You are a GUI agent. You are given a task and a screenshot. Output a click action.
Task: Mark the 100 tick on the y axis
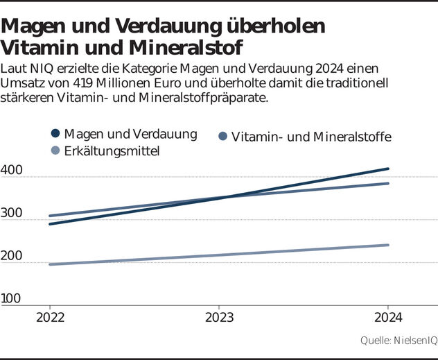point(11,299)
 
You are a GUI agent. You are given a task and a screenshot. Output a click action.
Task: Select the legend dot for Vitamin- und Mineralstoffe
point(223,137)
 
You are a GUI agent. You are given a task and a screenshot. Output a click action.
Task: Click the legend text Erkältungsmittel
point(112,151)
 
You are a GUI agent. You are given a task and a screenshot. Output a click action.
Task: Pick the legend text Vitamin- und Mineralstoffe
point(311,137)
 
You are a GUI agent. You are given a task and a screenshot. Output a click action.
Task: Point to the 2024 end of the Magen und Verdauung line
point(387,169)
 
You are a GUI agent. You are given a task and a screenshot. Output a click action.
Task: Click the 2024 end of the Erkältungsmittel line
point(387,245)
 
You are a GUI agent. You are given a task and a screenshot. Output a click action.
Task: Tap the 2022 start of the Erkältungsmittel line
point(50,264)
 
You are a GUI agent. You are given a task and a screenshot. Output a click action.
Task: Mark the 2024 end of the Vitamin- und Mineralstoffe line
point(387,183)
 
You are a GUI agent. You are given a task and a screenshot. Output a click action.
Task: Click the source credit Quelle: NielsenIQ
point(398,341)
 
